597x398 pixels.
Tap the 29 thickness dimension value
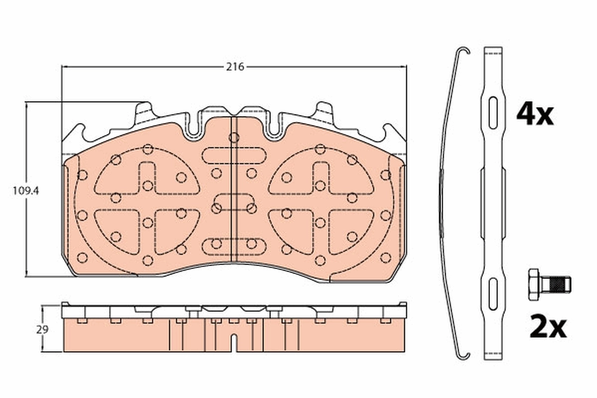[x=43, y=329]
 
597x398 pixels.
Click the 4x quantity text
[x=534, y=114]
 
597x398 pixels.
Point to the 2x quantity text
[x=547, y=327]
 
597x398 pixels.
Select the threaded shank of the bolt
[x=556, y=285]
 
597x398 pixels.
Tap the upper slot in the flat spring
[x=493, y=113]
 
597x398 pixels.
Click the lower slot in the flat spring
[x=493, y=294]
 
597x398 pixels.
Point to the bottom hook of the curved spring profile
[x=463, y=354]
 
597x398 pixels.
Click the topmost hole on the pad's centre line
[x=234, y=137]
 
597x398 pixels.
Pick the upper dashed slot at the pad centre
[x=234, y=156]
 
